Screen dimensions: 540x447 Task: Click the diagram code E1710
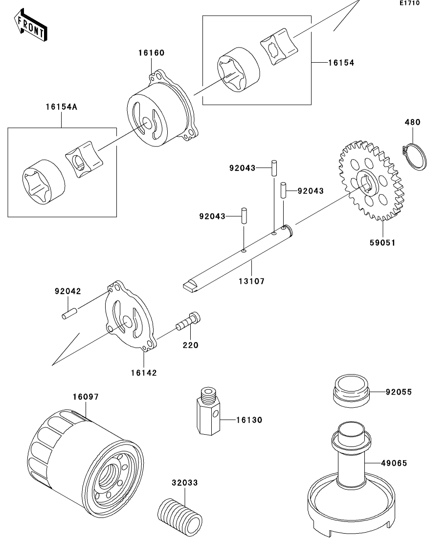(409, 3)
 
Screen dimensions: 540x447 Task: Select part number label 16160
(151, 53)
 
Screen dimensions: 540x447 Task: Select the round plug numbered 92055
(351, 391)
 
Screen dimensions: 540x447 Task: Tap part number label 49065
(394, 463)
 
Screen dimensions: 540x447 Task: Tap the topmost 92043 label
(242, 168)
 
